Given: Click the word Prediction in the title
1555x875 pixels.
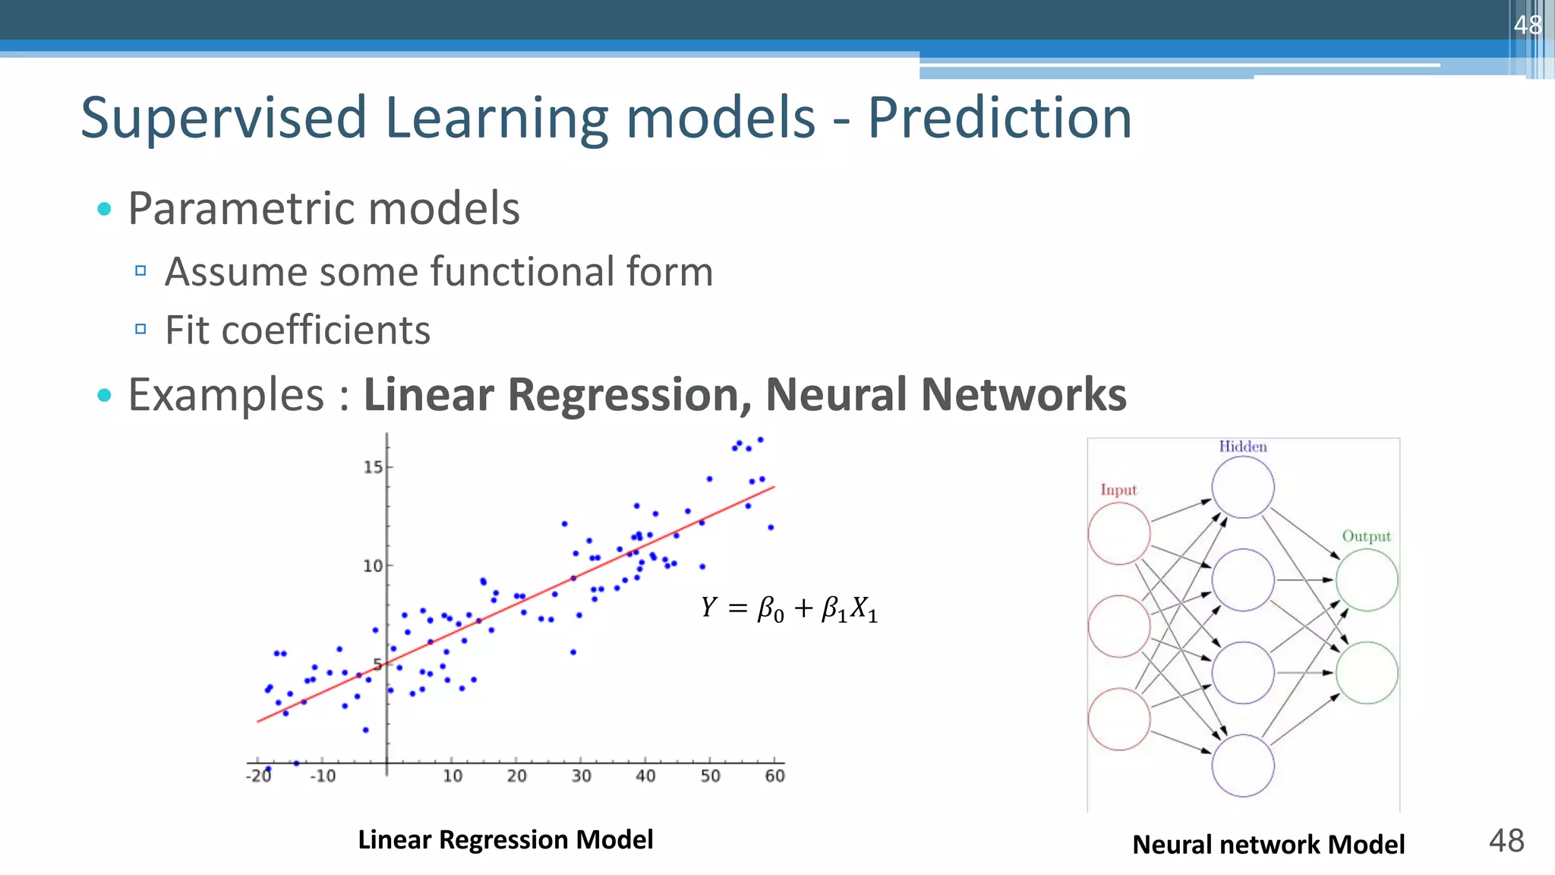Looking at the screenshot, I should point(999,118).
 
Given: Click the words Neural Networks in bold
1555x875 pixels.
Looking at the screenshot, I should point(945,395).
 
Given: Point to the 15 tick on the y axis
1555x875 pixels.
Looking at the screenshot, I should point(373,467).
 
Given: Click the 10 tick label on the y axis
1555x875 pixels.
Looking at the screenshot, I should point(373,566).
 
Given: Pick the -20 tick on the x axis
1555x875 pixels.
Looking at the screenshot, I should point(259,775).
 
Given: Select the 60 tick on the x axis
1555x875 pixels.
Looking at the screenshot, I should point(774,775).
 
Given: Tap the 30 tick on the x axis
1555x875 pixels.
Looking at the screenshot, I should point(581,775).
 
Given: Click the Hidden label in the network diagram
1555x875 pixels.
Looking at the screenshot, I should point(1243,447).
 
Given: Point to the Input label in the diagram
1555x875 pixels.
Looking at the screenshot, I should point(1118,490).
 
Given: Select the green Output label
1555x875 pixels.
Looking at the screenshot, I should point(1366,536).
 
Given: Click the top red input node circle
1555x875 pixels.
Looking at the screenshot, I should point(1119,534).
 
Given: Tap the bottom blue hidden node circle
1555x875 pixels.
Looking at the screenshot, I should point(1242,765).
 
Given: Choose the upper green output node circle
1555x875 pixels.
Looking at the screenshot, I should point(1367,580).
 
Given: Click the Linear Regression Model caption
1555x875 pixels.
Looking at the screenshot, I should point(505,839).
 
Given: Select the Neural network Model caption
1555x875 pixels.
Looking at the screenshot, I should point(1268,845).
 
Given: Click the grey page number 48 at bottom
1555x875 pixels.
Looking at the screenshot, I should point(1506,841).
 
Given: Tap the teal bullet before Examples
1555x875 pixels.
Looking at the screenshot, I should point(105,395).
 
